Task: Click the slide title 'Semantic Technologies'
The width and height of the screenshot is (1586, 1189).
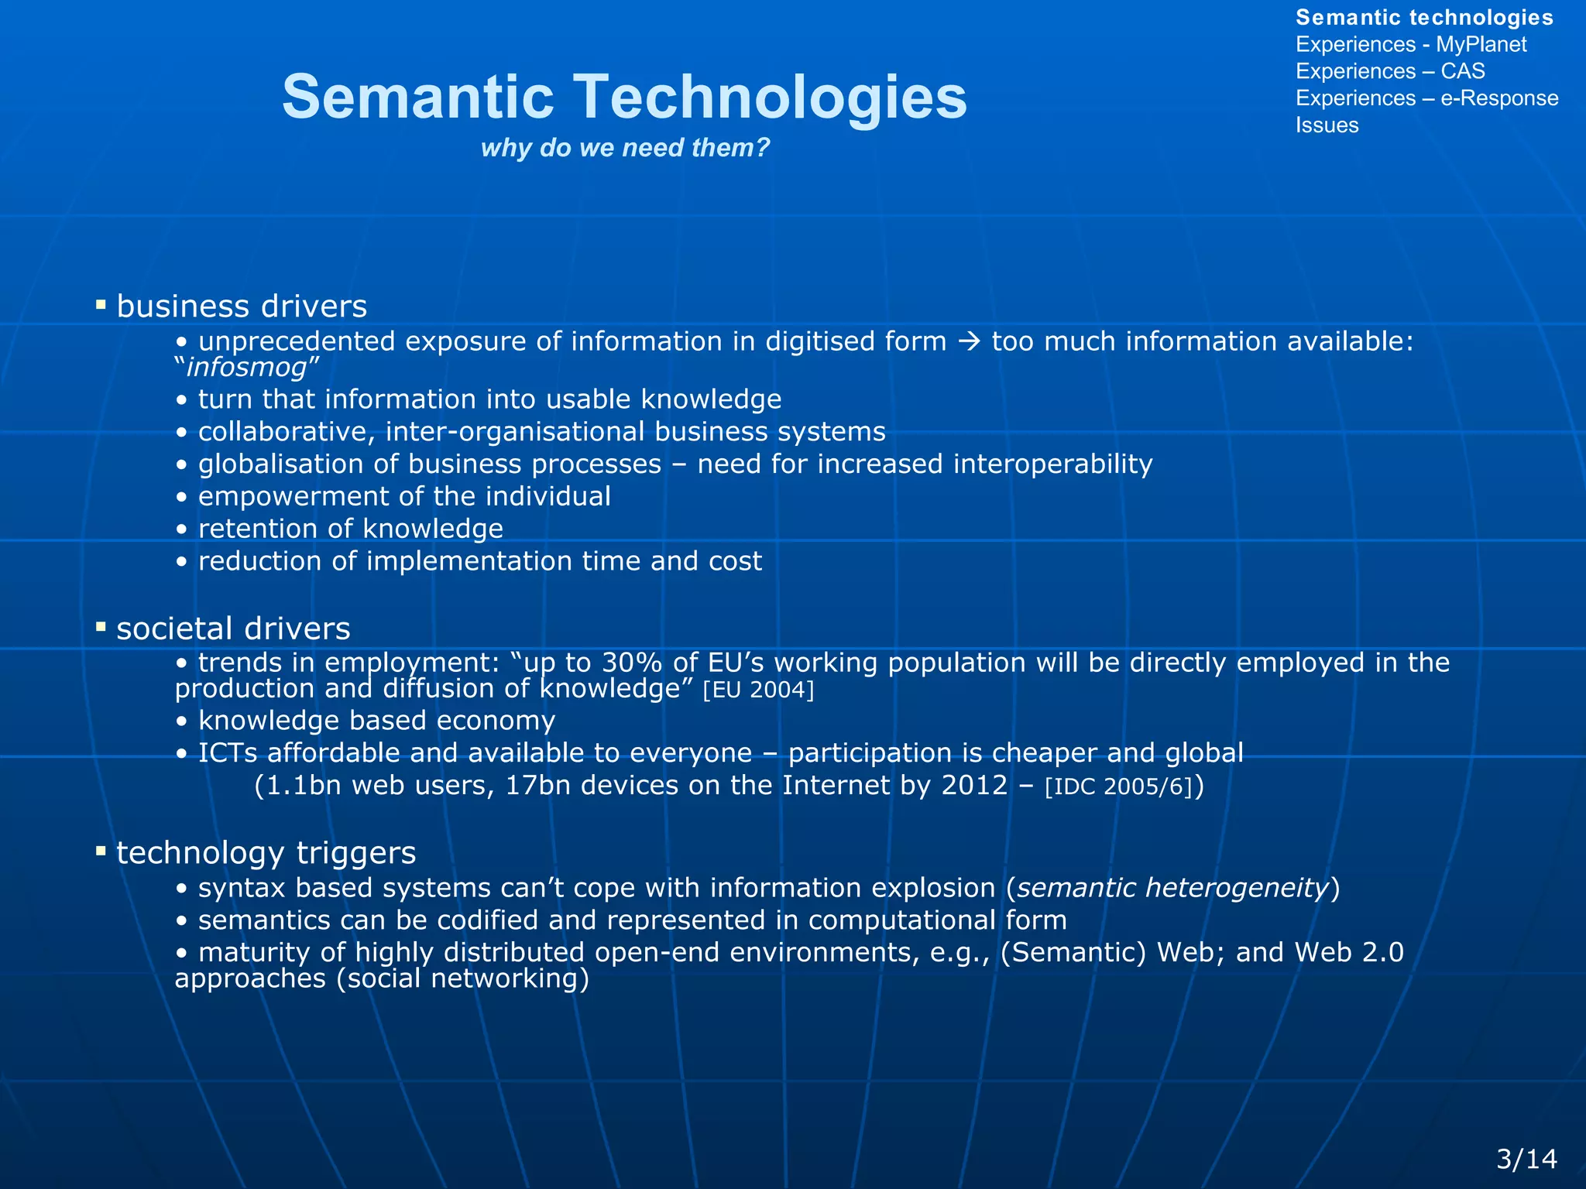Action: click(x=624, y=97)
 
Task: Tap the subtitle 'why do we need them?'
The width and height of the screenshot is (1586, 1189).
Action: click(x=625, y=147)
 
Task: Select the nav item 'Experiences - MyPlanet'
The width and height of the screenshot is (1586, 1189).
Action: click(x=1410, y=44)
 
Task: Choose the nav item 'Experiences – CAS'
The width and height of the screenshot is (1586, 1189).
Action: click(x=1389, y=71)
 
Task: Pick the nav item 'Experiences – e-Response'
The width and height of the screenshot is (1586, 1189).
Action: click(x=1426, y=98)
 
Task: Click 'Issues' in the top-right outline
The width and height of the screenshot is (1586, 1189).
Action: click(x=1327, y=125)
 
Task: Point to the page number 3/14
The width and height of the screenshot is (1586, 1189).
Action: click(x=1526, y=1158)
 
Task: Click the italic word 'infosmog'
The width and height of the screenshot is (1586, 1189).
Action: click(x=246, y=367)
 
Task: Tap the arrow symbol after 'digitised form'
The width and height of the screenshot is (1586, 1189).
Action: click(x=969, y=341)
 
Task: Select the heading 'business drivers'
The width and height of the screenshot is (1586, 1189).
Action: click(x=242, y=307)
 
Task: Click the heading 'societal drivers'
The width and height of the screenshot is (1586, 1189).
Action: click(x=233, y=629)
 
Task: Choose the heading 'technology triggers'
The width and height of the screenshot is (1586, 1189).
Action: click(x=266, y=853)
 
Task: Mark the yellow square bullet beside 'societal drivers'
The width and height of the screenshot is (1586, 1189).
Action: click(x=101, y=626)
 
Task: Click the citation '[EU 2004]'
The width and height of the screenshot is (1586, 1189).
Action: click(x=757, y=690)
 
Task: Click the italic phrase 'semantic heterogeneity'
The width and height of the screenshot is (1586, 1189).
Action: click(x=1172, y=888)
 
